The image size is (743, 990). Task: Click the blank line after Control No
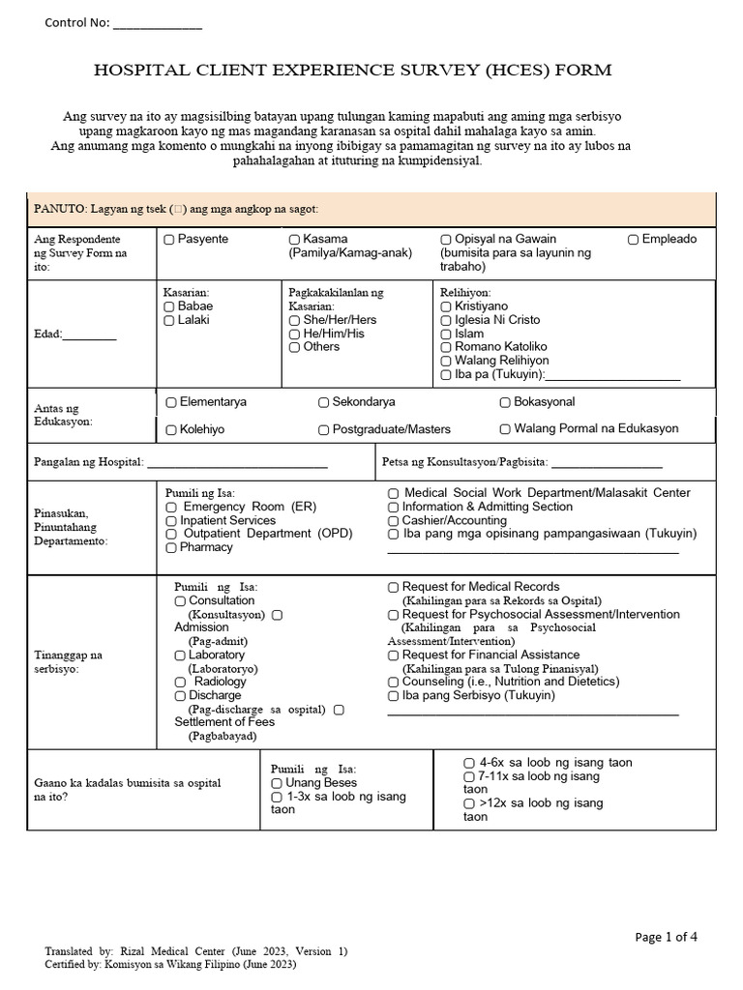point(158,24)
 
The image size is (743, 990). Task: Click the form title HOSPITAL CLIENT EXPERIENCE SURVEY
point(352,71)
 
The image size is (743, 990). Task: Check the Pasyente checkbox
point(169,239)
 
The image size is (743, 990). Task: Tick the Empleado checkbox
point(633,239)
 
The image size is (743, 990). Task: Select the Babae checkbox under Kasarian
point(169,306)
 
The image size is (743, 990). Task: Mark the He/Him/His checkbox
point(294,334)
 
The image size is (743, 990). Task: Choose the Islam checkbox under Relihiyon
point(446,334)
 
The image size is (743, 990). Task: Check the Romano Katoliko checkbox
point(446,347)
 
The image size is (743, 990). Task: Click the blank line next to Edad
point(89,336)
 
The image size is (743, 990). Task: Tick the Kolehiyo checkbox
point(171,429)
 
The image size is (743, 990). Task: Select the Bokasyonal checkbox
point(505,402)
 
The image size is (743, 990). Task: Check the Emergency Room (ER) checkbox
point(171,507)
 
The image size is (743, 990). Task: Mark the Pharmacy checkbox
point(171,547)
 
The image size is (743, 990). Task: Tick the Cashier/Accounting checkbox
point(394,520)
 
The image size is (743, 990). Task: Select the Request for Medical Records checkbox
point(394,587)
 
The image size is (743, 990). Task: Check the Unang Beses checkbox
point(278,783)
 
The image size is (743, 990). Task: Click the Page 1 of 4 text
point(666,937)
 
